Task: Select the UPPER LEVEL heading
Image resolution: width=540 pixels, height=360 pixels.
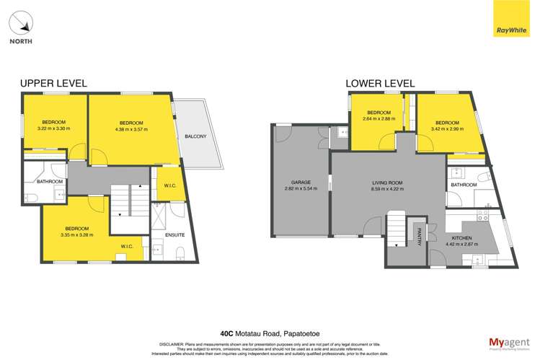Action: (x=53, y=84)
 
